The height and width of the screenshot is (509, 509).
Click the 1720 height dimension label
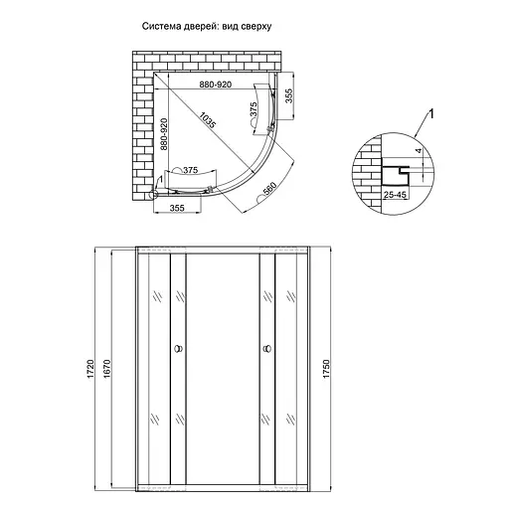click(x=90, y=370)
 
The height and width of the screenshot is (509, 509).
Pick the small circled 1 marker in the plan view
click(x=156, y=180)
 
